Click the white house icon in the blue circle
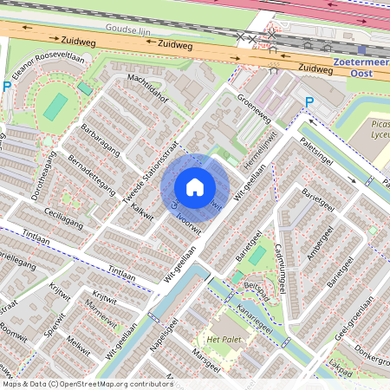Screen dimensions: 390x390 click(195, 186)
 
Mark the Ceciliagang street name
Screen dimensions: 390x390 click(54, 215)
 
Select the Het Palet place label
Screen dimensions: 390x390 click(222, 338)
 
